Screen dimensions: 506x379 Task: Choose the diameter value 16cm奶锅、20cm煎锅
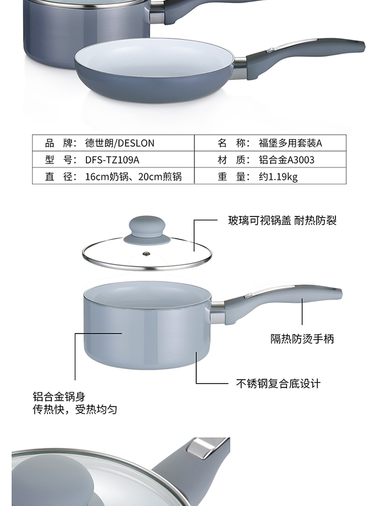(x=133, y=177)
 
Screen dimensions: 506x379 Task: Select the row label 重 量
(x=231, y=177)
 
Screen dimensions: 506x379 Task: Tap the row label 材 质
(x=231, y=160)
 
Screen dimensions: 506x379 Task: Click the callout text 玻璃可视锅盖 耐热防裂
(x=282, y=221)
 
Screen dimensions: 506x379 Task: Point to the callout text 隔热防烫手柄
(x=302, y=339)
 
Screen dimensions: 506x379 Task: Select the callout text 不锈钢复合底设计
(x=278, y=383)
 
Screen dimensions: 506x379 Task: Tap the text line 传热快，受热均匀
(x=75, y=409)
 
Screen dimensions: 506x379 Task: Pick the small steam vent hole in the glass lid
(x=147, y=252)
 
